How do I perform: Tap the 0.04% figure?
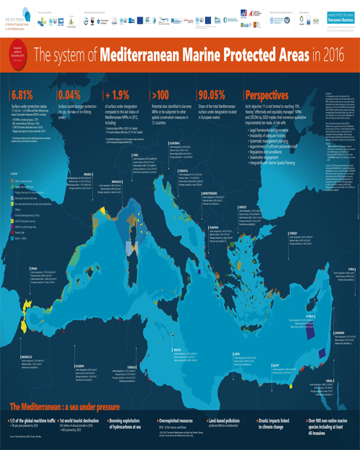click(71, 95)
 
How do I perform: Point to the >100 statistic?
click(161, 95)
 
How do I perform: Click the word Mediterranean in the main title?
click(141, 53)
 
